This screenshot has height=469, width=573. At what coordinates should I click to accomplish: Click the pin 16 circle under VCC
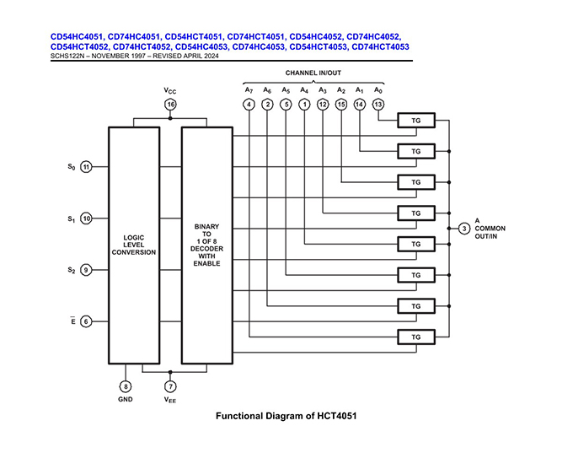(170, 105)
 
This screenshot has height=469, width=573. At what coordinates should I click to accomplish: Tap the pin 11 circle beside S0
(86, 167)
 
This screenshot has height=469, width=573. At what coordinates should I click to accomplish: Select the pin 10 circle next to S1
(86, 218)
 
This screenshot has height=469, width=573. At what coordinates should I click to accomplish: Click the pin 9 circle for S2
(86, 270)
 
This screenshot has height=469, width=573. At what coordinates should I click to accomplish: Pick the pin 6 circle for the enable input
(86, 321)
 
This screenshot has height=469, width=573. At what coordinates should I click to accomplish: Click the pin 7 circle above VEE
(170, 386)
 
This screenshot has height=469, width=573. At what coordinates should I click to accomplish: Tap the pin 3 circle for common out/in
(464, 229)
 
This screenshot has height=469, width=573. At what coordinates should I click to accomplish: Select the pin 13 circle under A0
(378, 105)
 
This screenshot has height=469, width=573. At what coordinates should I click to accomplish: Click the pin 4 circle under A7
(249, 105)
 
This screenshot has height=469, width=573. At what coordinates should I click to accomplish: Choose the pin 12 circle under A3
(323, 105)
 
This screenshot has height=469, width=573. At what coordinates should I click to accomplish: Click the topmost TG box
(415, 121)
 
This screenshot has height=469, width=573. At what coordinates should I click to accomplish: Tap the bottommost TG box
(415, 337)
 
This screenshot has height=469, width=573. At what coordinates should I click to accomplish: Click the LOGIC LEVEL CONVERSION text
(133, 244)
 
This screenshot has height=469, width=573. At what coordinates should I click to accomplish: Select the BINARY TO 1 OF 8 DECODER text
(206, 245)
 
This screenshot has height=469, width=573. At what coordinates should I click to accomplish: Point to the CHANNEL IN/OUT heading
(313, 73)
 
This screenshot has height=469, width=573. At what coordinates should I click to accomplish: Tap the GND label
(125, 399)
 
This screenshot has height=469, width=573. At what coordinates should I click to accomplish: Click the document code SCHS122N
(70, 56)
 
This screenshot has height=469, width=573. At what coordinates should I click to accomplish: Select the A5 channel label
(286, 89)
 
